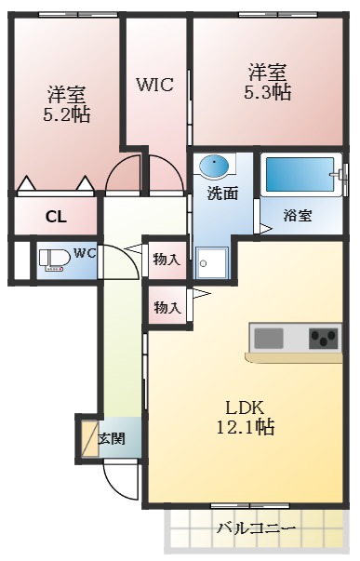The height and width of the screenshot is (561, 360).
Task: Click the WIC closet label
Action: pyautogui.click(x=155, y=85)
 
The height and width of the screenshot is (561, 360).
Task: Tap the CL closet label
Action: pyautogui.click(x=56, y=218)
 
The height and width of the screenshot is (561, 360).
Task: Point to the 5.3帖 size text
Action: pyautogui.click(x=268, y=94)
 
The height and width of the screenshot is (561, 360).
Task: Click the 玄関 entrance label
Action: pyautogui.click(x=113, y=437)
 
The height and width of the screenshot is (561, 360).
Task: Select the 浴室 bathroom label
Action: pyautogui.click(x=298, y=215)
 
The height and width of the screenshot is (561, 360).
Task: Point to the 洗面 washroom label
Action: pyautogui.click(x=221, y=194)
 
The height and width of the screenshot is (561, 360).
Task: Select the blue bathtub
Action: pyautogui.click(x=298, y=174)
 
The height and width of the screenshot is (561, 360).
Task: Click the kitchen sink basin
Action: pyautogui.click(x=267, y=338)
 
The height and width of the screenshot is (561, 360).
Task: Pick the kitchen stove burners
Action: pyautogui.click(x=325, y=338)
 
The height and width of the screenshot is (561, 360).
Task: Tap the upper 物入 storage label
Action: pyautogui.click(x=167, y=260)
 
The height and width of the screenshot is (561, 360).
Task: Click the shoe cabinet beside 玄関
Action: pyautogui.click(x=87, y=437)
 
